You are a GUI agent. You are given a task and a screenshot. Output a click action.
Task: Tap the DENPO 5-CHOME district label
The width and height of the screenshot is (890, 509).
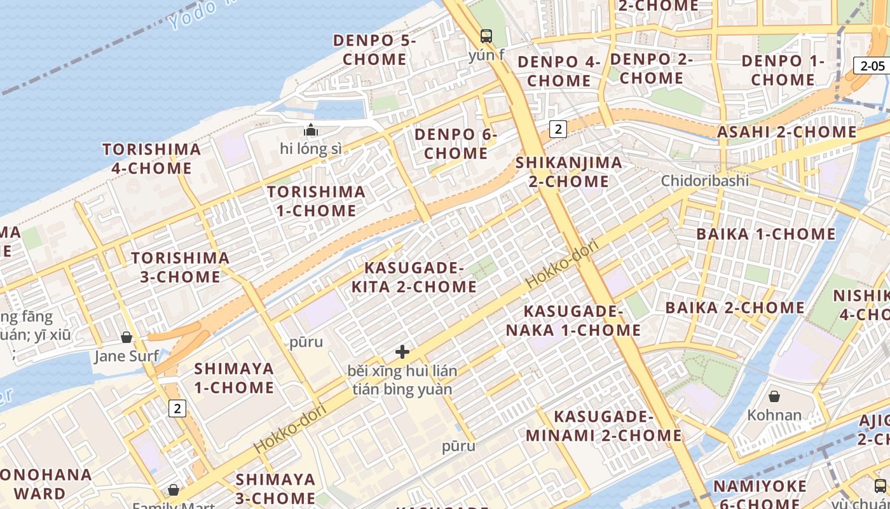click(374, 50)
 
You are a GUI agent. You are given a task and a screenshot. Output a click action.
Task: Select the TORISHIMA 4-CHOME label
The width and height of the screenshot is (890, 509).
click(151, 159)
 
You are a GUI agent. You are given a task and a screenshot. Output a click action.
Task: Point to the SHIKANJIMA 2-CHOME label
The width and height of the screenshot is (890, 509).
click(568, 172)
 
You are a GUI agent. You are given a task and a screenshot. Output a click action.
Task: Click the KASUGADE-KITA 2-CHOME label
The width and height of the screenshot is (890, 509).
click(414, 277)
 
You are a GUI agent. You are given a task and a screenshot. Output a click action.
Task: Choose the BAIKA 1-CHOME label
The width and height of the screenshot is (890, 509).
click(765, 234)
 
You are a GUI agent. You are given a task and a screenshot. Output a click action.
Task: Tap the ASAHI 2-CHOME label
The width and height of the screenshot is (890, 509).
click(786, 132)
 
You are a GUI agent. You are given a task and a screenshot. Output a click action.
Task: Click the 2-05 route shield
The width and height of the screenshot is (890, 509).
click(872, 66)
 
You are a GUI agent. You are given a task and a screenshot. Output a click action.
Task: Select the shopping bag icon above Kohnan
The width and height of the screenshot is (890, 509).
click(774, 397)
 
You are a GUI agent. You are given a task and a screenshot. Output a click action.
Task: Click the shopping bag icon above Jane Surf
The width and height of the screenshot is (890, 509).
click(127, 337)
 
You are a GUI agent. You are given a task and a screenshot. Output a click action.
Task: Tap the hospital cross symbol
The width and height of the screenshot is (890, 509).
click(402, 351)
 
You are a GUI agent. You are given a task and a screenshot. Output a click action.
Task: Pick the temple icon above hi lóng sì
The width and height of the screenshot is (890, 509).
click(310, 130)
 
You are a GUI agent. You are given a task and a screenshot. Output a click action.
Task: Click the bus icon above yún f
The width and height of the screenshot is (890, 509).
click(486, 36)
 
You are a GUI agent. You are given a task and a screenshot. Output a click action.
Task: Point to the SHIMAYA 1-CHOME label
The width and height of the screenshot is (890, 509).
click(234, 378)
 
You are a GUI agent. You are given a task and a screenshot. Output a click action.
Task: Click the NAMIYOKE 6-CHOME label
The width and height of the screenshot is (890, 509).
click(759, 496)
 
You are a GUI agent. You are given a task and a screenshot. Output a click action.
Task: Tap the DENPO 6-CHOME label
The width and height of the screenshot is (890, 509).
click(456, 144)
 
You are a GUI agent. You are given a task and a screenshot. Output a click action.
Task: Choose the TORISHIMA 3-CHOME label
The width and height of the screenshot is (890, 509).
click(180, 267)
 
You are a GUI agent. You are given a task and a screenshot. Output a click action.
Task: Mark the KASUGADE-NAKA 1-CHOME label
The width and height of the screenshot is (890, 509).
click(573, 321)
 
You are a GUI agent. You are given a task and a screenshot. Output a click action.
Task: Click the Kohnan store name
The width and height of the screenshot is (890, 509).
click(774, 415)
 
